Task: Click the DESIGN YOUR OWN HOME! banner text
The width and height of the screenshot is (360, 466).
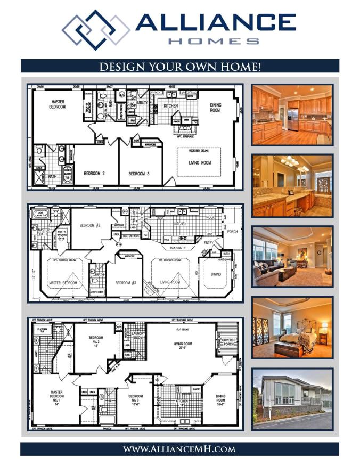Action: [x=180, y=67]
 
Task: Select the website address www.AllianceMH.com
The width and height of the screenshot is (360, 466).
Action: [x=179, y=449]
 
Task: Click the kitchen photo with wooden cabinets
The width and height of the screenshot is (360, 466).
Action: [x=292, y=115]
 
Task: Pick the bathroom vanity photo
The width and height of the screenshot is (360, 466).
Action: [x=292, y=185]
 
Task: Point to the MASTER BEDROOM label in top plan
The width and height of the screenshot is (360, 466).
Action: [x=58, y=104]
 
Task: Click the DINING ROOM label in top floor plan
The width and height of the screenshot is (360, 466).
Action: [x=215, y=108]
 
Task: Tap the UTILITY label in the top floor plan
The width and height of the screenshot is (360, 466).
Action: [x=142, y=103]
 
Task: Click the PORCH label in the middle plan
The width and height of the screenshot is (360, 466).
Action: [x=233, y=232]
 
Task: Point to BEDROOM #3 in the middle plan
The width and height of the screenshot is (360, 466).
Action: [x=127, y=282]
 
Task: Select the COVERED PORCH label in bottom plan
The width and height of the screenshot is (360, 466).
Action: [x=229, y=341]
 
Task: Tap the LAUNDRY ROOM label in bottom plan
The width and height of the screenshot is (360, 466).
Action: [x=138, y=336]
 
